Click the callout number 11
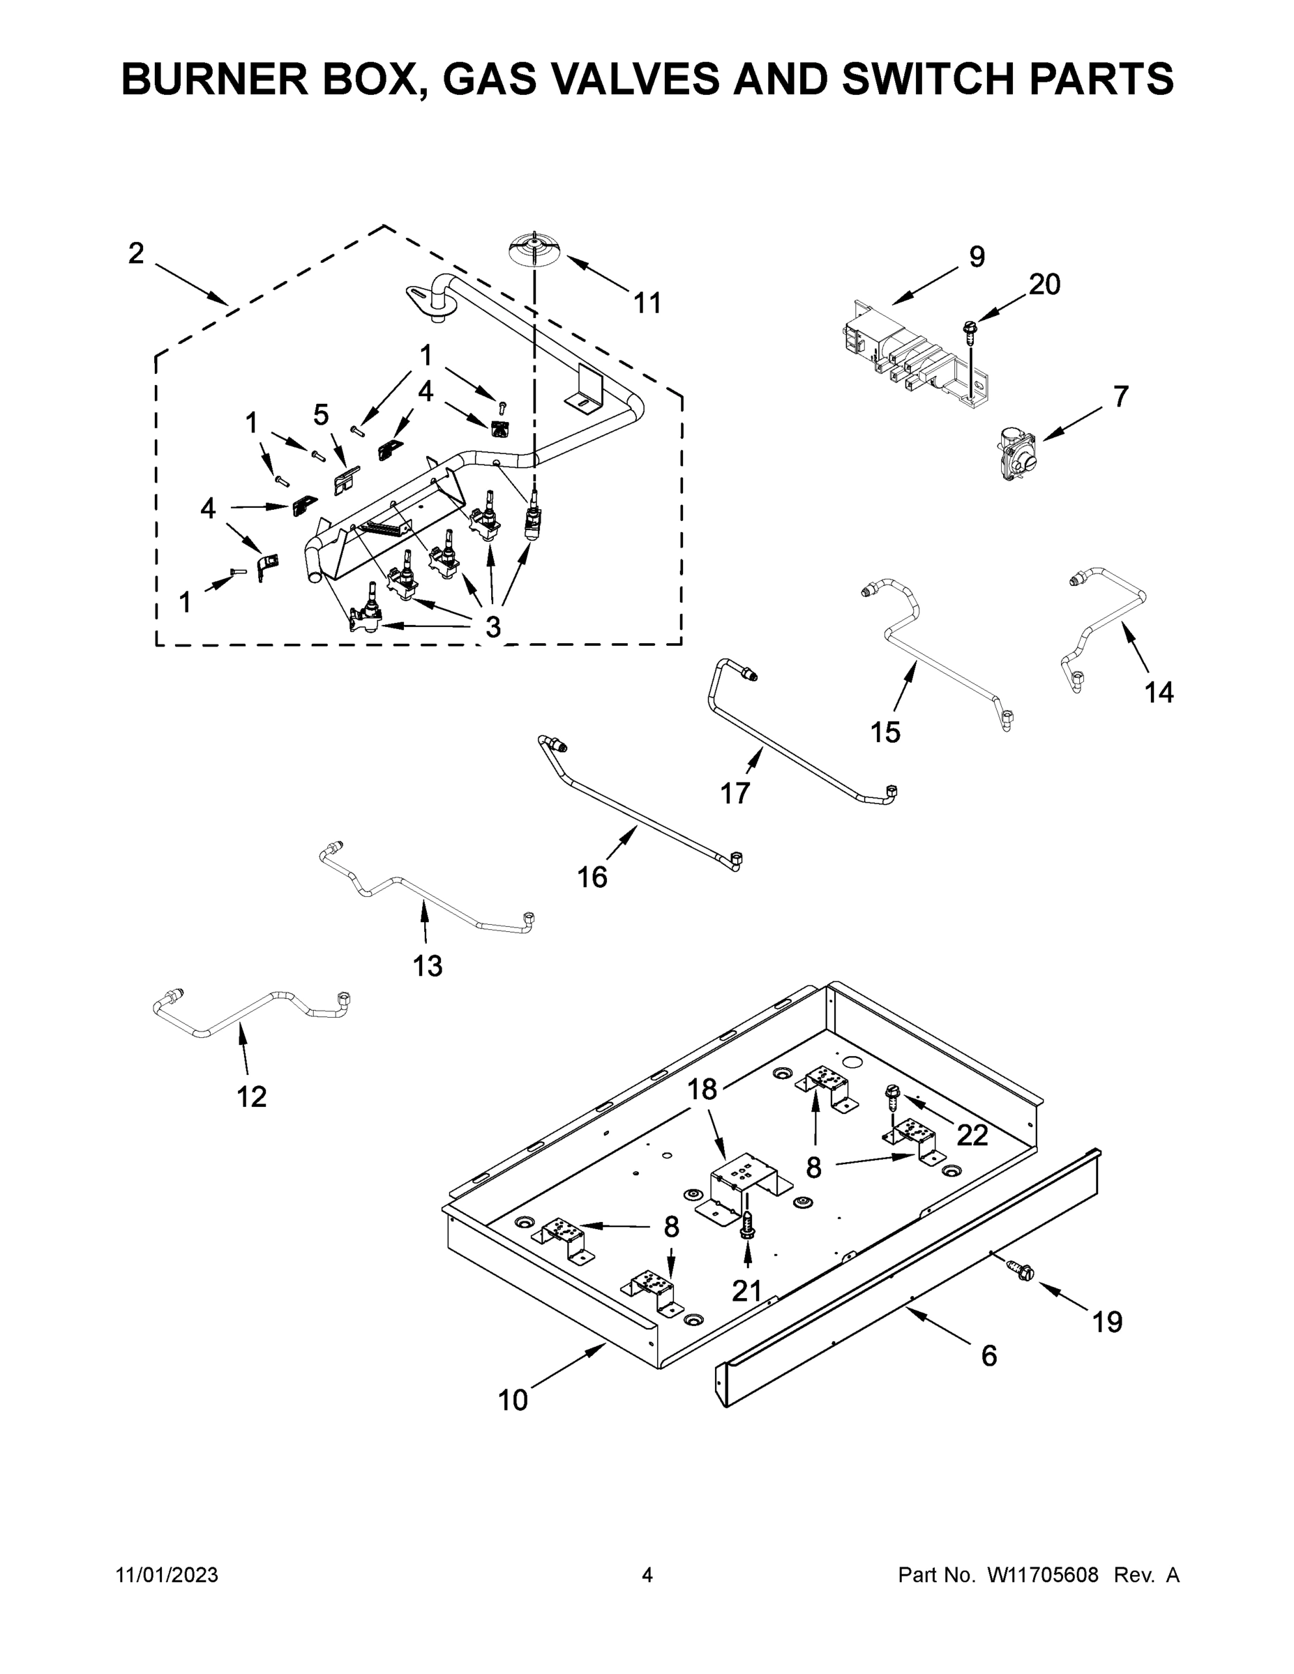coord(647,303)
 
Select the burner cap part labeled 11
coord(534,250)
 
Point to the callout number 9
coord(977,257)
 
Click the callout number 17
coord(735,793)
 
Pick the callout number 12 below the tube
coord(251,1097)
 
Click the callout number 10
coord(513,1401)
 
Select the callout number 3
coord(493,627)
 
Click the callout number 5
coord(321,415)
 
